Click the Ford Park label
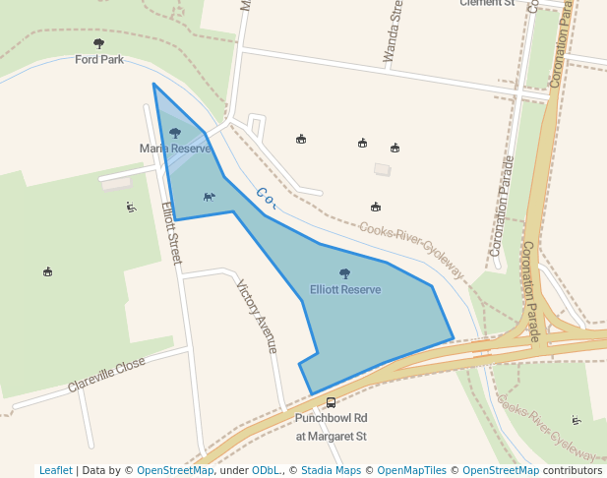point(98,59)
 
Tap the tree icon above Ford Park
point(98,43)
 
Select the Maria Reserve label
point(175,149)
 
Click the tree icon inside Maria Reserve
point(175,133)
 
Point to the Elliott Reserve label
point(345,290)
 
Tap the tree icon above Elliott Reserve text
point(344,274)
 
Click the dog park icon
point(209,197)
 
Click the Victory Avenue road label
point(258,317)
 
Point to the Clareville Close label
point(106,375)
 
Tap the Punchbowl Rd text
point(331,418)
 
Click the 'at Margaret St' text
point(331,436)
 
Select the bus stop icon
point(331,402)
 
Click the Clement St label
point(487,3)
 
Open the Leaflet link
point(55,470)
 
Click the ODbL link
point(266,470)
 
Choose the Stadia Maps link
point(330,470)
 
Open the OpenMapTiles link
point(412,470)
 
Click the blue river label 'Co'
point(266,199)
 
